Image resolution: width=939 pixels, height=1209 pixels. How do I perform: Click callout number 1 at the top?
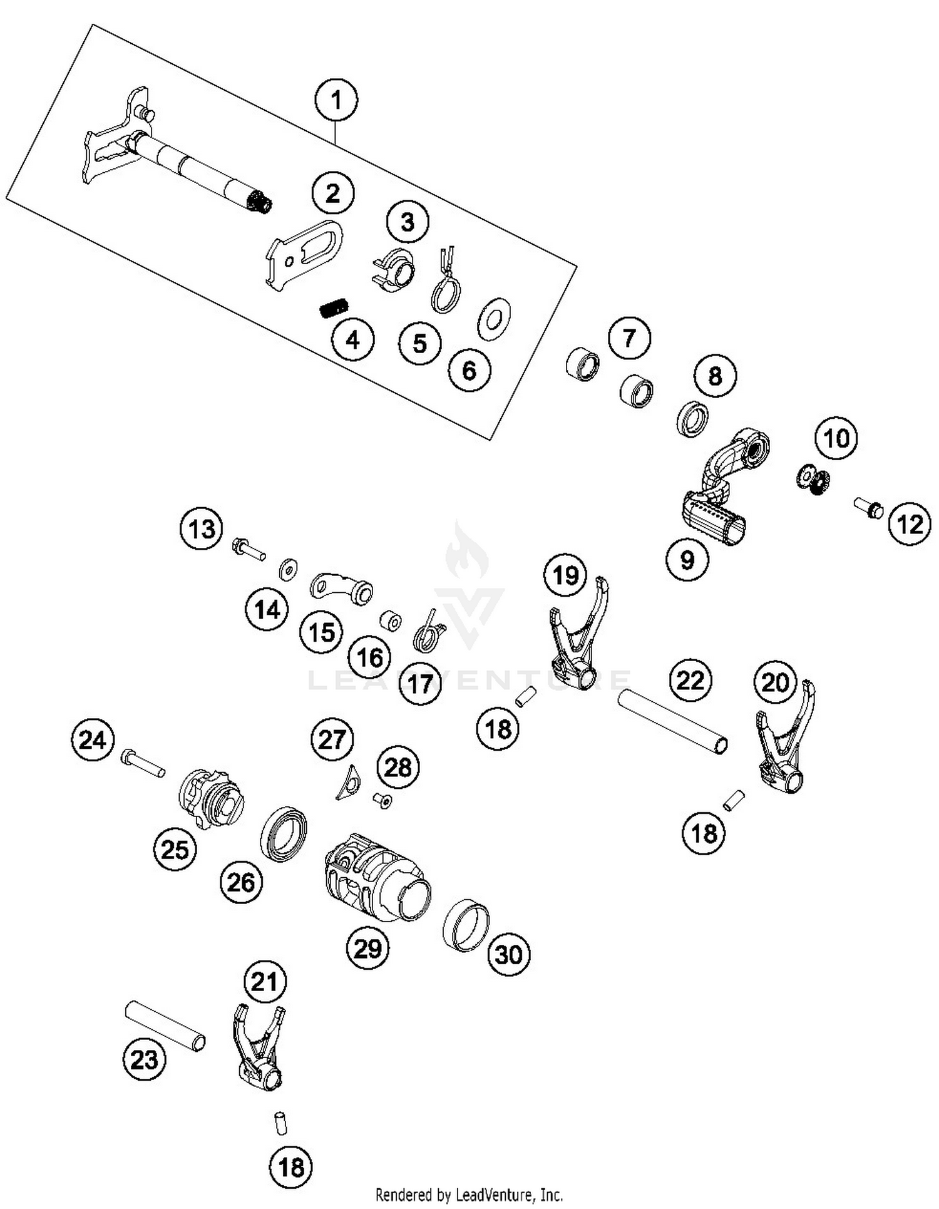click(336, 100)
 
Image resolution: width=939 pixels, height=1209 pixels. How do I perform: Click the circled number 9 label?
click(687, 559)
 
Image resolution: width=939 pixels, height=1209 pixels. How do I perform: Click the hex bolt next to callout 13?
click(248, 550)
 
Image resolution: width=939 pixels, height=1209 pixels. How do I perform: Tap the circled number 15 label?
click(322, 632)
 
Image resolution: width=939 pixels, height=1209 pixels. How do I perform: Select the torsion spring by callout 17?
click(429, 632)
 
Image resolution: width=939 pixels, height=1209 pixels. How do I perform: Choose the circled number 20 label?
click(775, 682)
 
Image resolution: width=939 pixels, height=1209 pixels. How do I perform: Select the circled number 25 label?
click(175, 850)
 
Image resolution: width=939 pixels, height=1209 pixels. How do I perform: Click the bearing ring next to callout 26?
click(284, 835)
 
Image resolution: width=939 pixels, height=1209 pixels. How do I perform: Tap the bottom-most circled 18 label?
click(291, 1166)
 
